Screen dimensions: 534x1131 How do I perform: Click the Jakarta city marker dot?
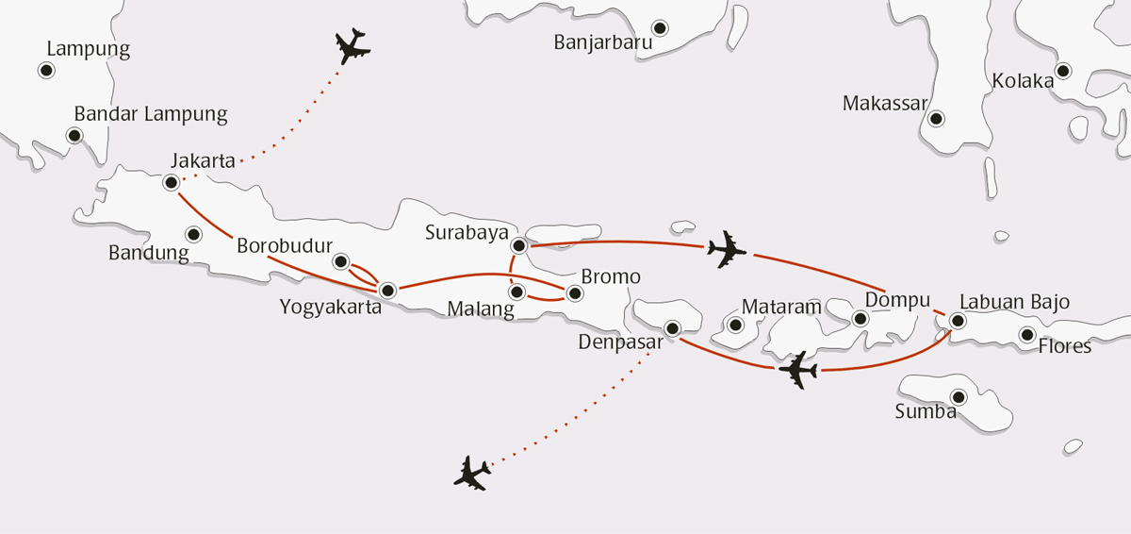coord(171,182)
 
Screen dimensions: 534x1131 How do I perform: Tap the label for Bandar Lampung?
coord(151,114)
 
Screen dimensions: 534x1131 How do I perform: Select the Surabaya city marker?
coord(517,245)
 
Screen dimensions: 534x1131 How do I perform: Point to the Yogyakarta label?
coord(330,307)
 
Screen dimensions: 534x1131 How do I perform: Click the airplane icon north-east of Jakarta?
coord(352,46)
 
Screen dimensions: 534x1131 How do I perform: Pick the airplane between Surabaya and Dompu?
coord(726,249)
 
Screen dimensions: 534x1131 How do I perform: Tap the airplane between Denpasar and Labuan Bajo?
coord(798,371)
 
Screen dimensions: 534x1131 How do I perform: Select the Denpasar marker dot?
coord(672,328)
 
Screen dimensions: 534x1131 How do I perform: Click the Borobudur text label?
coord(284,245)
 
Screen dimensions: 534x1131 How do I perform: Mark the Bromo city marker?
coord(572,292)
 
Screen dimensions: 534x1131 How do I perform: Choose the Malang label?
coord(481,309)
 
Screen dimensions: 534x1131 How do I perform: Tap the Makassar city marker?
coord(936,119)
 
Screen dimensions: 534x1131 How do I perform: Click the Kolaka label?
coord(1023,81)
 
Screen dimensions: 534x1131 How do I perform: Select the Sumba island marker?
coord(959,397)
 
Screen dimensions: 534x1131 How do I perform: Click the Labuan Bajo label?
coord(1014,302)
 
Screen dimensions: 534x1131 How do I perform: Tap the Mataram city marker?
coord(736,325)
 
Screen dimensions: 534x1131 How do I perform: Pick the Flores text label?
coord(1064,346)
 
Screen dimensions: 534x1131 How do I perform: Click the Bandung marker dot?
coord(193,234)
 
